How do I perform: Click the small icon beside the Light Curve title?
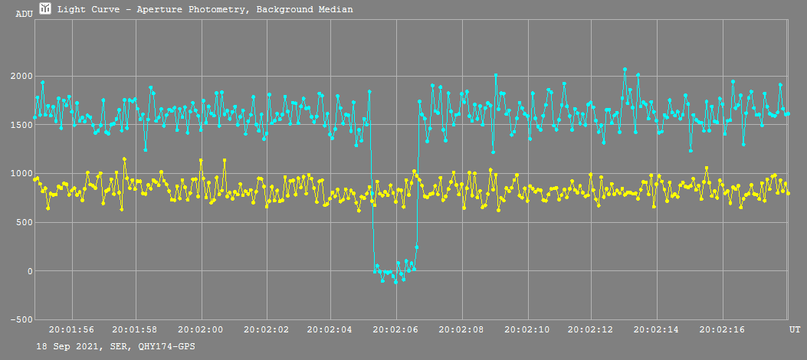click(45, 8)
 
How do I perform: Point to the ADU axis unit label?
click(24, 14)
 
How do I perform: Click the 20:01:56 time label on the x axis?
click(71, 329)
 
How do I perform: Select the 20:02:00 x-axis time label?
click(201, 329)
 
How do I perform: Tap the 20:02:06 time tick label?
click(396, 329)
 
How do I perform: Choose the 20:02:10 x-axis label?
click(527, 329)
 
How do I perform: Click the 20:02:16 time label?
click(722, 329)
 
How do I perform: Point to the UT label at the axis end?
click(795, 329)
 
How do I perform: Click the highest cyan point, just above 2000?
click(625, 70)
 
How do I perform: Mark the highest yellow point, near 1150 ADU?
click(124, 159)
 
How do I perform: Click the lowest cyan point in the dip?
click(395, 282)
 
